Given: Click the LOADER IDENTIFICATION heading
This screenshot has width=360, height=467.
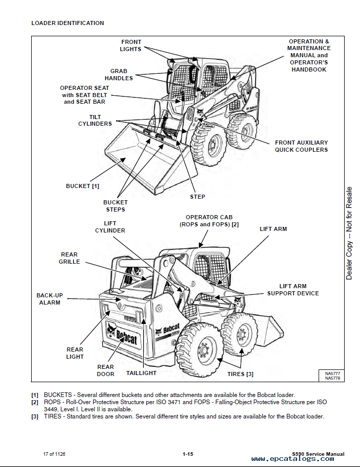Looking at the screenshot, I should click(67, 23).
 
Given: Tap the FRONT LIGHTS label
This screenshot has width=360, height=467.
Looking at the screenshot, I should click(131, 45).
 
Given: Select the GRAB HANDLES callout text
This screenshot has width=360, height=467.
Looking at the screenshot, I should click(119, 75).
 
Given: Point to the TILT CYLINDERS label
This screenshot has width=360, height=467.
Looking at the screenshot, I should click(95, 120).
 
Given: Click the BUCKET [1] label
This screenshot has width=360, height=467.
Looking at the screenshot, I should click(82, 186).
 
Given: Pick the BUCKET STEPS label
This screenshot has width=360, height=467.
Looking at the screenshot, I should click(116, 206).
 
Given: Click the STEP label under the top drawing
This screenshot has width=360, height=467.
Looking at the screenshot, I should click(197, 197).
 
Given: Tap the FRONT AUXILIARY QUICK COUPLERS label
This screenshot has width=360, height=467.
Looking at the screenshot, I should click(301, 146).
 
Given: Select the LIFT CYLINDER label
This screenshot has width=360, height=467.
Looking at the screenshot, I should click(110, 227).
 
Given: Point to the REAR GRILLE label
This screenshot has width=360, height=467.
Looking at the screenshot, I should click(70, 258).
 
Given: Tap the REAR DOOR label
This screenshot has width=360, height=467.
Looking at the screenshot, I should click(106, 370).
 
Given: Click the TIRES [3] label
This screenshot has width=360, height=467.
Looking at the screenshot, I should click(240, 374).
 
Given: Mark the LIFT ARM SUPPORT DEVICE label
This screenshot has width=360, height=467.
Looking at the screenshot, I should click(292, 290).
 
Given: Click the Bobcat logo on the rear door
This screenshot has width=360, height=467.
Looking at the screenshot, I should click(123, 337).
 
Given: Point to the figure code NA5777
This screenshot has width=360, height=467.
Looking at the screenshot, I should click(332, 373).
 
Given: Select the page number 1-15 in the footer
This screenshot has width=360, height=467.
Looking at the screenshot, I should click(187, 454).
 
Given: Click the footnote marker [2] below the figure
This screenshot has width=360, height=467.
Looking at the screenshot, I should click(35, 402).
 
